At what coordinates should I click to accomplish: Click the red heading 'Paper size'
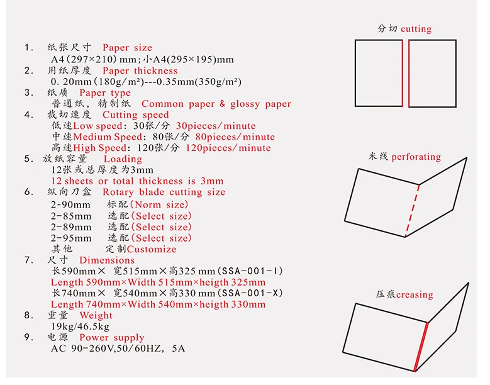127,48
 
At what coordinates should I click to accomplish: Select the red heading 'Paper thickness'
140,70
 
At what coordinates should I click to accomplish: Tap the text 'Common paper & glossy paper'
216,104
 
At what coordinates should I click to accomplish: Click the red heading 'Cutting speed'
136,115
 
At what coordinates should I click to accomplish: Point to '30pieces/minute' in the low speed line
216,126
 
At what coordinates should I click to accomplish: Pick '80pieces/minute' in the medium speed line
235,137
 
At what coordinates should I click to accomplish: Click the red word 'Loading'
123,159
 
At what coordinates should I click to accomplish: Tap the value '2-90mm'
70,205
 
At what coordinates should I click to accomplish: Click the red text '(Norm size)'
160,205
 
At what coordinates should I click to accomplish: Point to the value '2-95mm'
70,238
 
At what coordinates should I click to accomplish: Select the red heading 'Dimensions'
107,260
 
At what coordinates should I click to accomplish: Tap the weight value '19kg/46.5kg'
80,326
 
